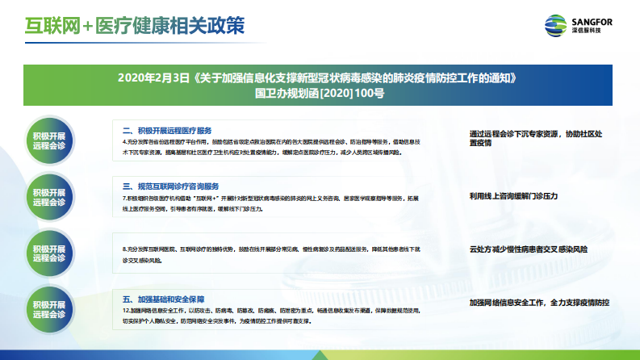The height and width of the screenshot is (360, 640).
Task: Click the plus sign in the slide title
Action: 84,25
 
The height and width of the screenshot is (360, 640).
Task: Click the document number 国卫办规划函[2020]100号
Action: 320,94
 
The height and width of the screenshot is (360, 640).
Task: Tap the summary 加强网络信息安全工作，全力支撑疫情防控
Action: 539,303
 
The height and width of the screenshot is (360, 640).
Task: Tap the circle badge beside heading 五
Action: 49,309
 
